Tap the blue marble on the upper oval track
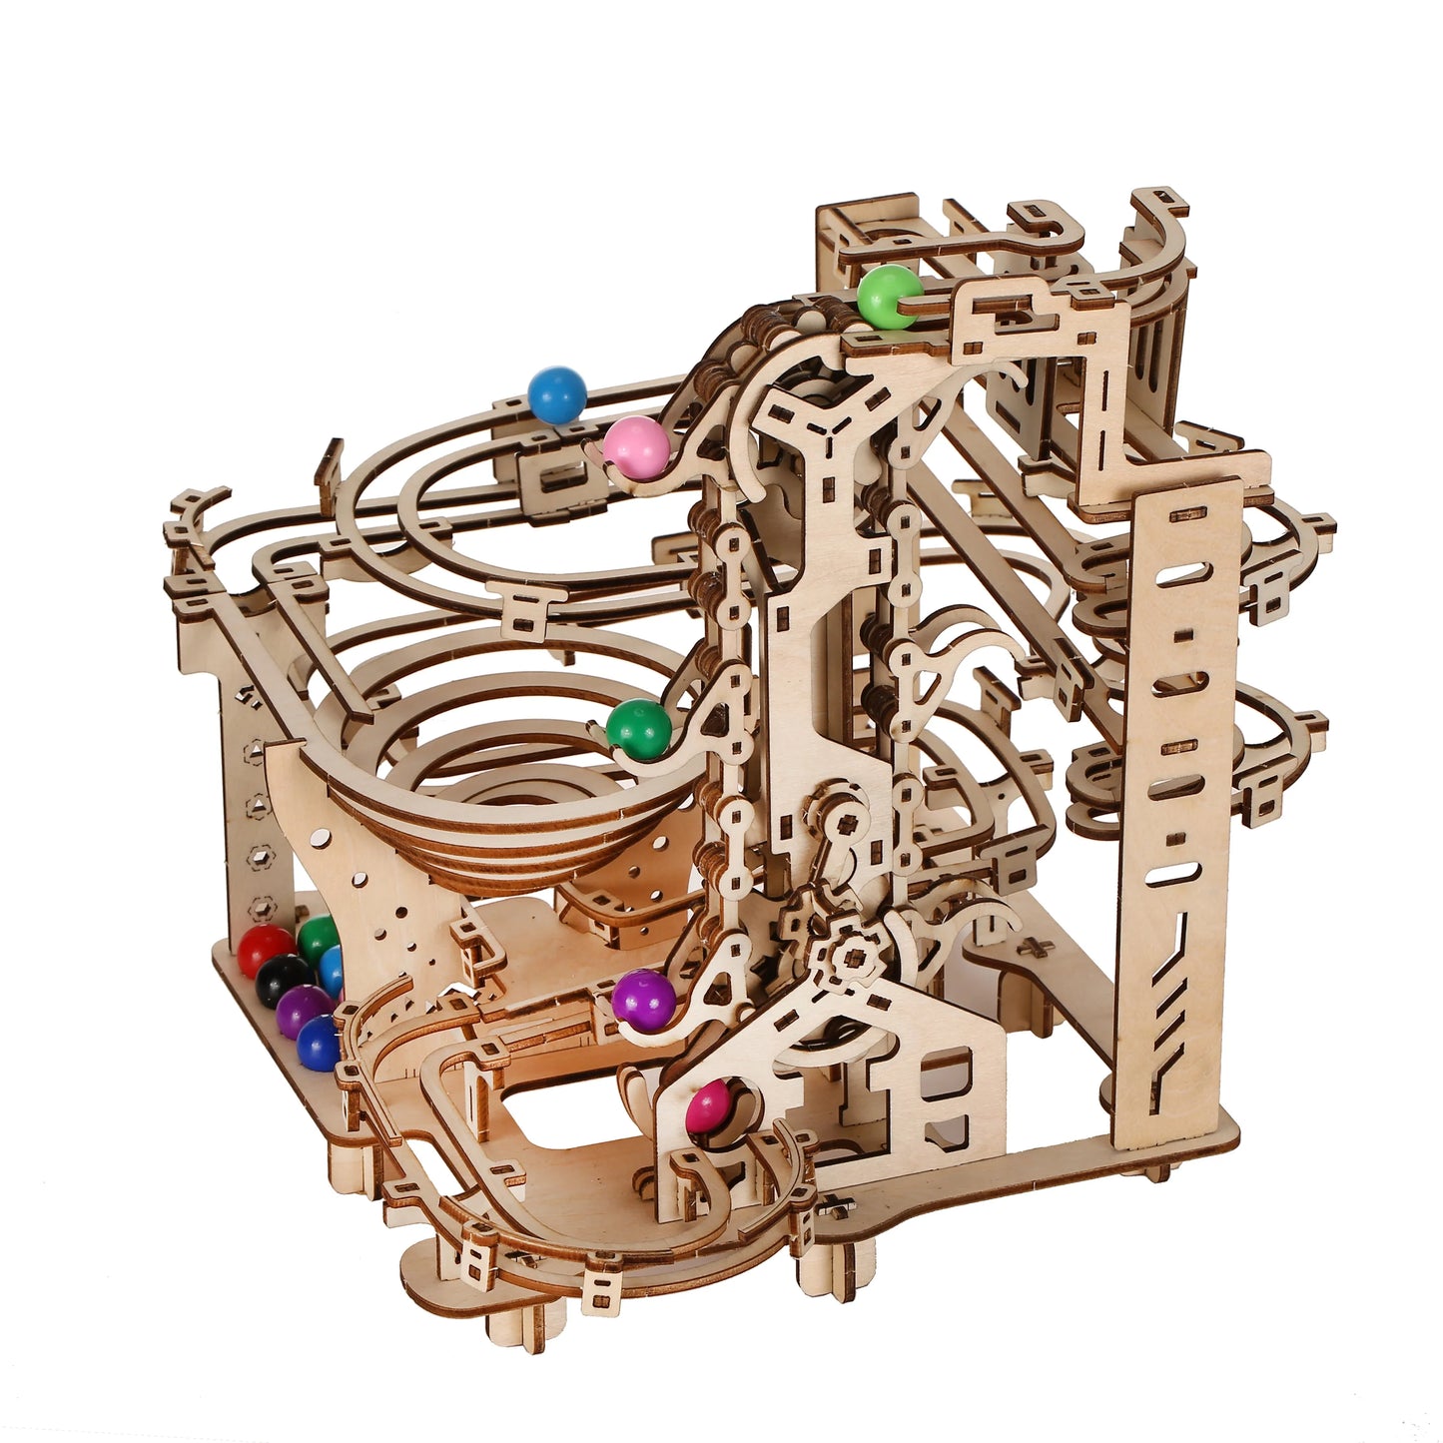[x=556, y=393]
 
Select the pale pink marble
[x=636, y=446]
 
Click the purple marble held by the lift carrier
[x=643, y=999]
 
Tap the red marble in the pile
[x=265, y=950]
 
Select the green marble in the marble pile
[x=319, y=938]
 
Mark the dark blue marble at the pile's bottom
[x=319, y=1043]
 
